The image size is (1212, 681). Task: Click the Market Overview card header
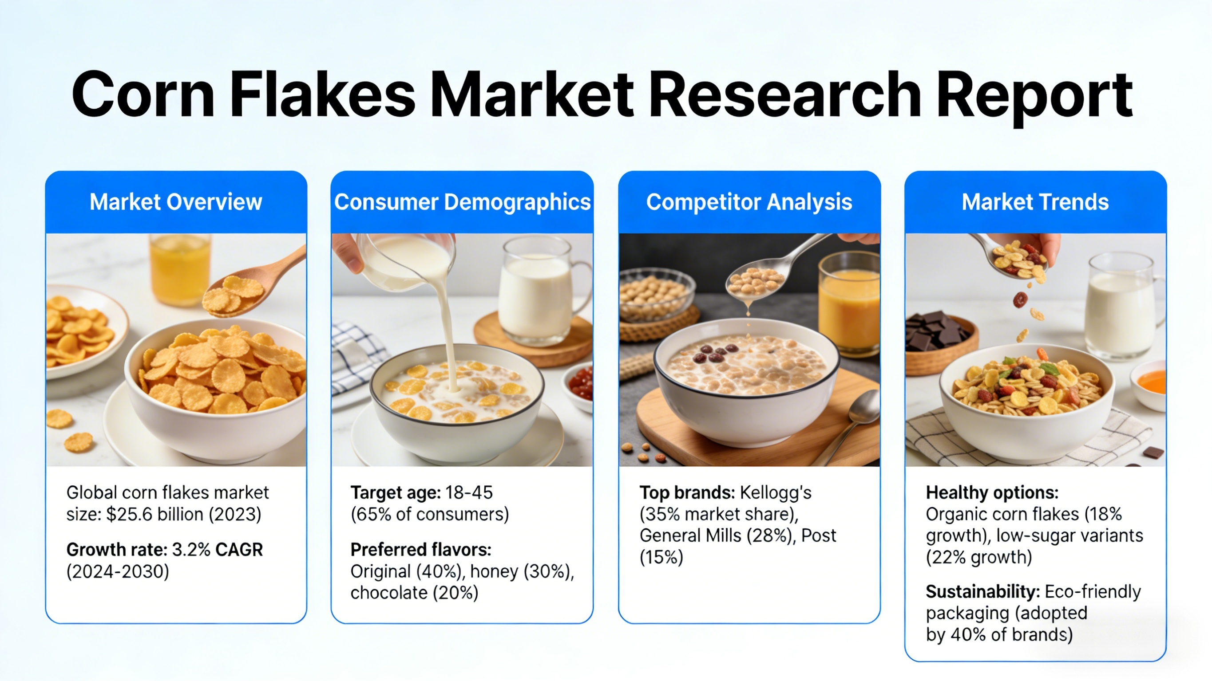pyautogui.click(x=175, y=202)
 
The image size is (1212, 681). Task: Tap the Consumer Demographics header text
pyautogui.click(x=462, y=202)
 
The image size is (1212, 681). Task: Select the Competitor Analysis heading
pyautogui.click(x=749, y=202)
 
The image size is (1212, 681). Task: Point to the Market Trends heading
pyautogui.click(x=1035, y=202)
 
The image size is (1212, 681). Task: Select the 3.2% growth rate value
pyautogui.click(x=191, y=550)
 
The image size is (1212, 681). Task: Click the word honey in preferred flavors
pyautogui.click(x=494, y=571)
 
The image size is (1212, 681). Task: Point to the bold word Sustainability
pyautogui.click(x=982, y=592)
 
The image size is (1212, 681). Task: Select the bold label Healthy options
pyautogui.click(x=992, y=493)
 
